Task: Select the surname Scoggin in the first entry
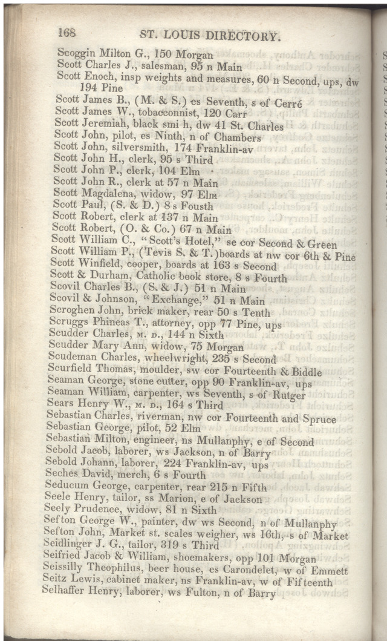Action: click(x=77, y=53)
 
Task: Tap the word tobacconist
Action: click(x=163, y=113)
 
